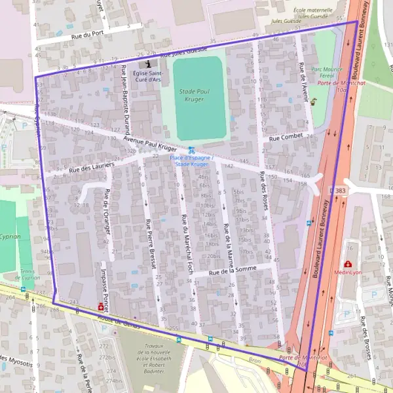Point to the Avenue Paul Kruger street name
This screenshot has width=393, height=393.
click(x=150, y=144)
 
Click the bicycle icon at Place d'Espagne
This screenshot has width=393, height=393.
click(x=191, y=150)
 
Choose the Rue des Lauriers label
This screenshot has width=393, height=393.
click(x=92, y=168)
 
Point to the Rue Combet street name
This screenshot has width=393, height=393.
click(x=288, y=136)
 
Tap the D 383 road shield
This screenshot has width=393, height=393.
click(x=338, y=190)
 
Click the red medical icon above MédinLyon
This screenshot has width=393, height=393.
click(x=346, y=264)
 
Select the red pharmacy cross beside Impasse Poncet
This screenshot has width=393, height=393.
click(x=100, y=306)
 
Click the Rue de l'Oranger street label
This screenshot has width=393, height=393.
click(x=106, y=211)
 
